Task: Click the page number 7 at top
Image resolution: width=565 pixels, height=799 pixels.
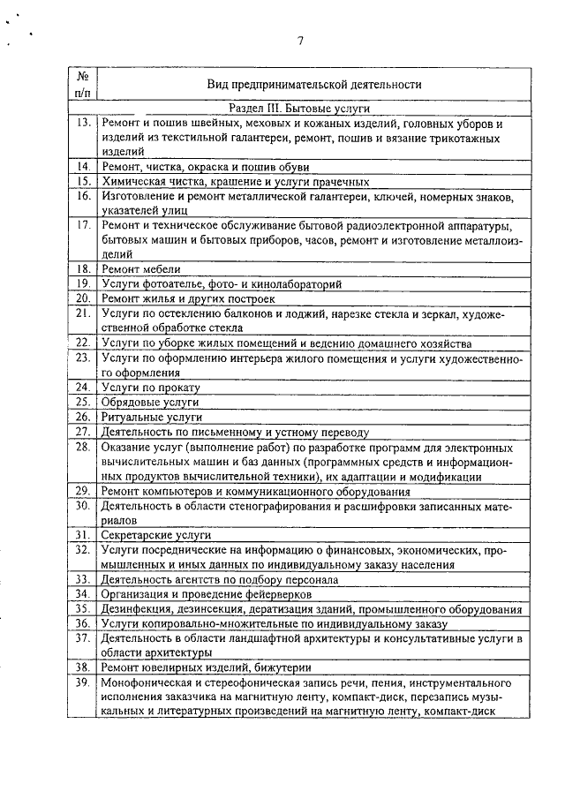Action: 300,40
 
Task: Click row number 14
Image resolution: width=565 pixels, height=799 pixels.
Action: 84,166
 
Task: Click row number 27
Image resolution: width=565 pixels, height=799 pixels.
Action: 84,432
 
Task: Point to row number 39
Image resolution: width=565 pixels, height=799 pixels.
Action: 84,682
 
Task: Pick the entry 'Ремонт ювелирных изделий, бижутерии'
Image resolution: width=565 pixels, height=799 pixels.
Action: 206,667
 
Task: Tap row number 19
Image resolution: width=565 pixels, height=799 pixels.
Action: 84,283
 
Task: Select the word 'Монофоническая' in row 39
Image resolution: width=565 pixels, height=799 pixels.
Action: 146,682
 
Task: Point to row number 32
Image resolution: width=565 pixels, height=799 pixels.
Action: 84,549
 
